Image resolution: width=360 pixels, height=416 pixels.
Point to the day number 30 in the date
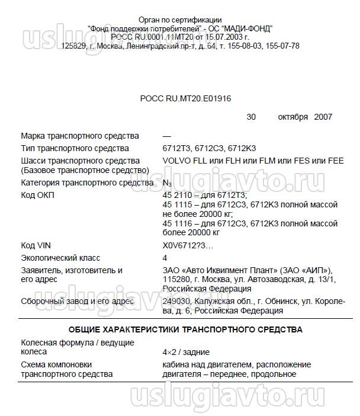(251, 117)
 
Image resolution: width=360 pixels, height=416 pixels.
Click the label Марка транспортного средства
(79, 136)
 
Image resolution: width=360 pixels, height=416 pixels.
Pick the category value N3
(167, 183)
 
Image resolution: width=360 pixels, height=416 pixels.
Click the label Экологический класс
(60, 258)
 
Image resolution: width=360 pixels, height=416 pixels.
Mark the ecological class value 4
(165, 258)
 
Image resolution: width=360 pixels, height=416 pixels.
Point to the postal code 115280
(176, 280)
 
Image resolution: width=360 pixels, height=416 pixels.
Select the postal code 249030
(176, 302)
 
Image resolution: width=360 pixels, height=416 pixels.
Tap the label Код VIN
(36, 245)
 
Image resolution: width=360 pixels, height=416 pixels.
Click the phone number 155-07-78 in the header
(284, 45)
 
